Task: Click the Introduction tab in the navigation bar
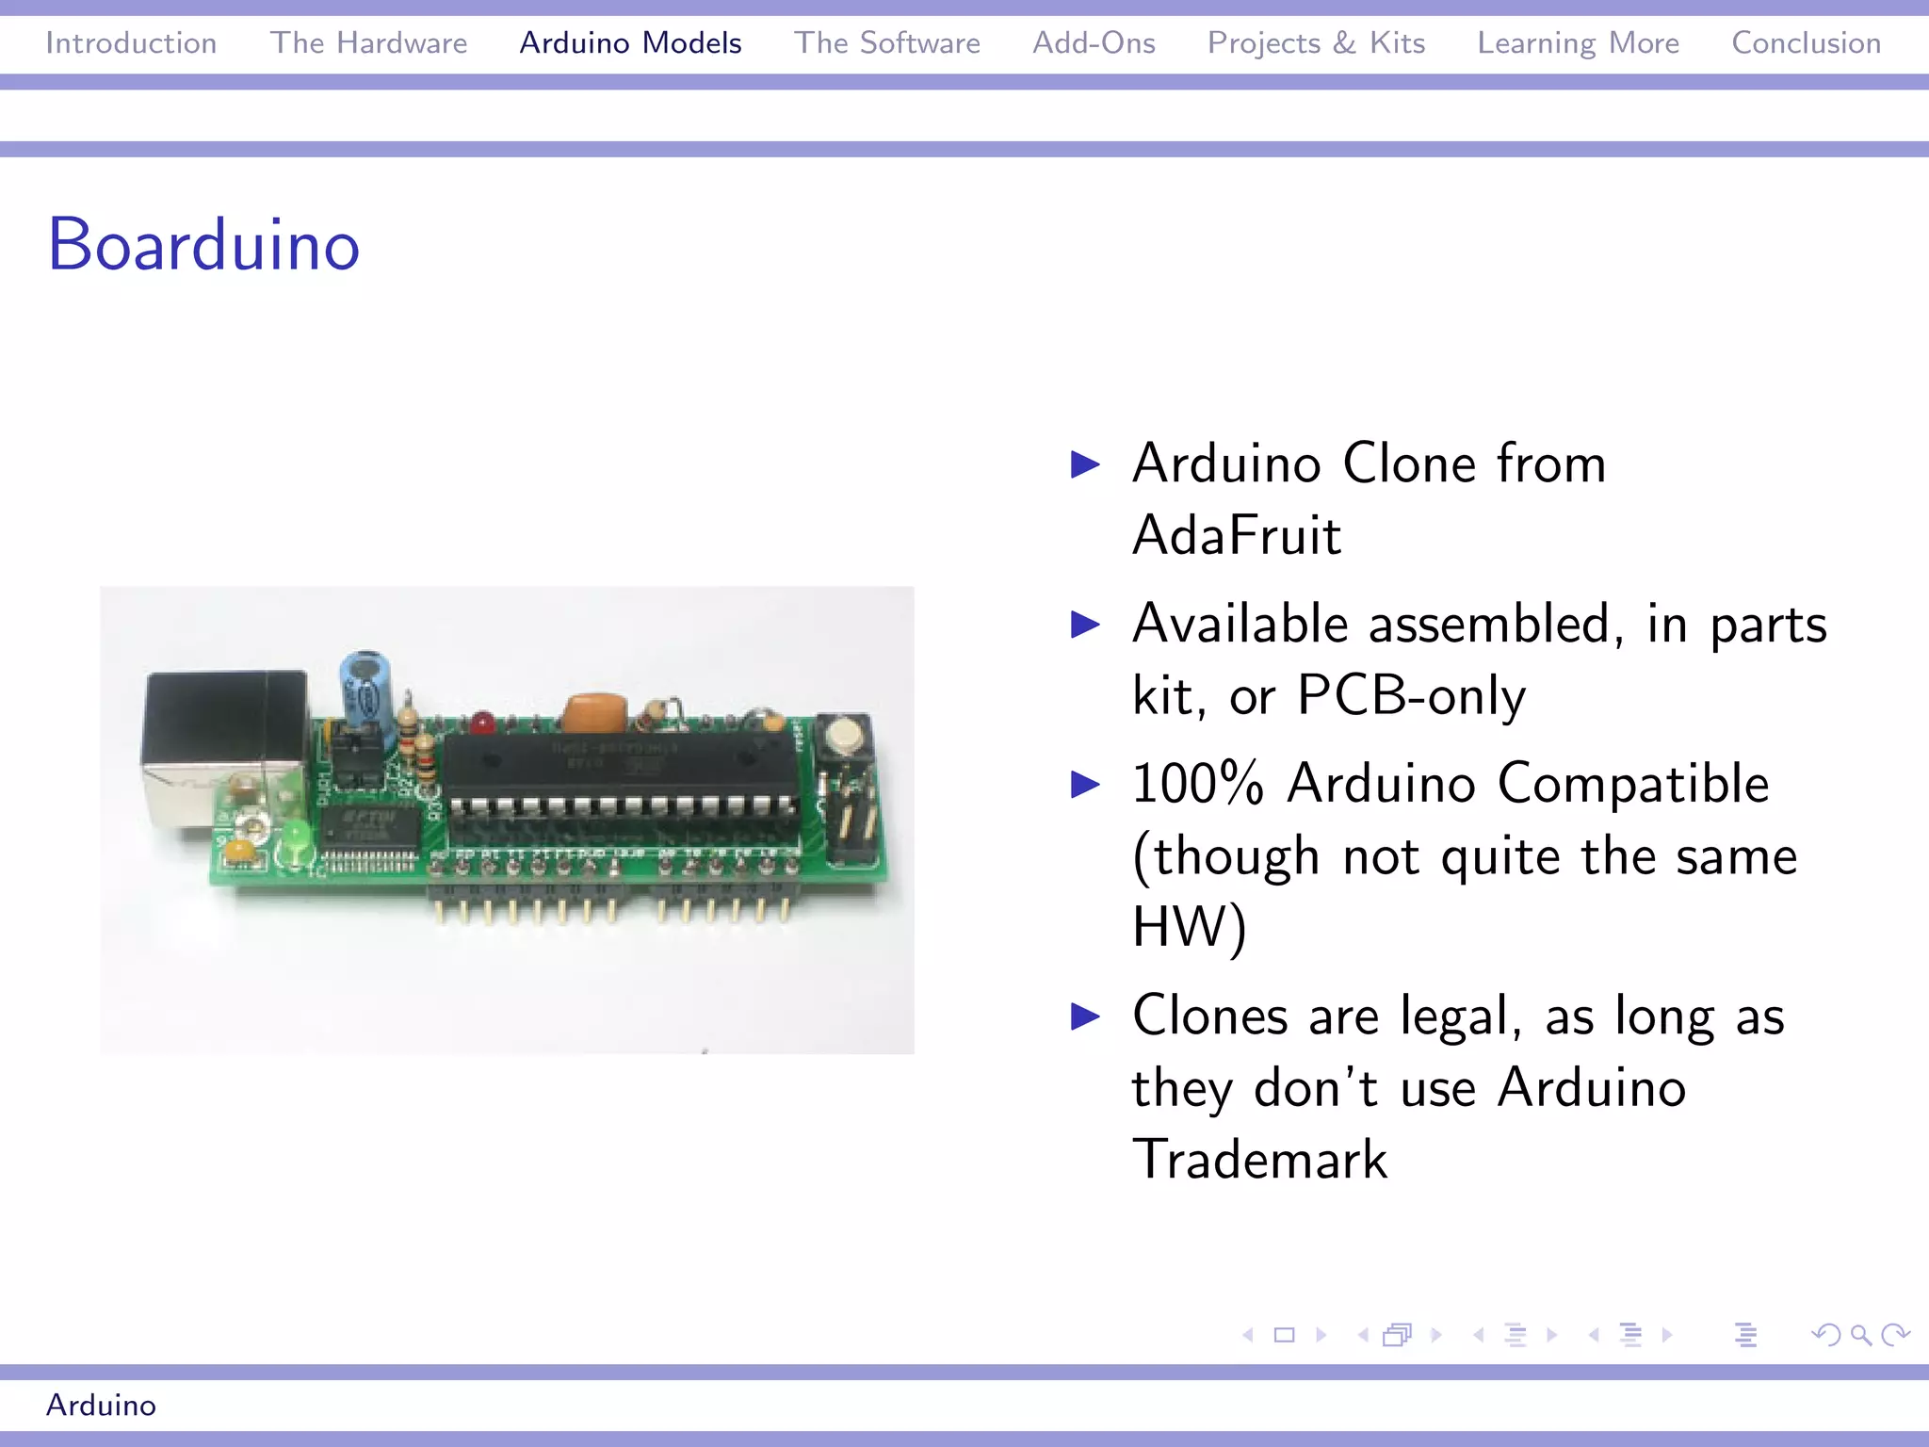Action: [x=131, y=43]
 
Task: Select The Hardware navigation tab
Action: [x=368, y=43]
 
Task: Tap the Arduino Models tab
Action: [x=630, y=43]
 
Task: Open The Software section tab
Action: [x=886, y=43]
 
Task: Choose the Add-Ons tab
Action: [x=1094, y=43]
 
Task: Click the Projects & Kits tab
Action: [x=1316, y=43]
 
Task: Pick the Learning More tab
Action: [x=1578, y=43]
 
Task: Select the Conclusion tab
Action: [x=1806, y=43]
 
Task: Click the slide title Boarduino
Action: [x=203, y=245]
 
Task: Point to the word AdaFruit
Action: [x=1236, y=535]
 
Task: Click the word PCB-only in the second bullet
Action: [x=1411, y=696]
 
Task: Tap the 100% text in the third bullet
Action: [x=1197, y=784]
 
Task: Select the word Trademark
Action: [x=1259, y=1159]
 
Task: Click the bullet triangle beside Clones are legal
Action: [x=1086, y=1016]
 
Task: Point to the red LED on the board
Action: [x=483, y=723]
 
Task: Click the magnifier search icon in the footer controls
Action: [x=1859, y=1334]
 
